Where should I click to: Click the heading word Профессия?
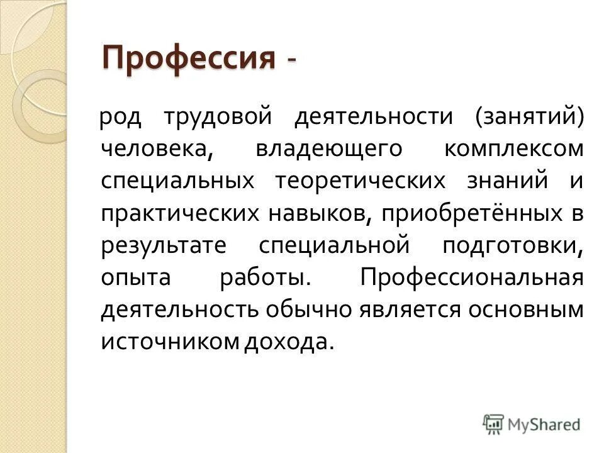click(189, 59)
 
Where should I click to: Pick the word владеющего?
click(328, 149)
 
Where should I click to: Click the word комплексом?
click(513, 149)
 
